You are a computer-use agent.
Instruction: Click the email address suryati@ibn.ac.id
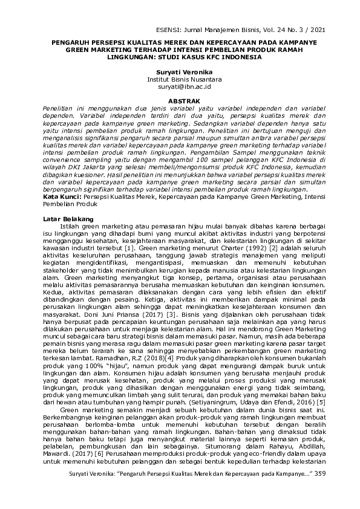coord(180,86)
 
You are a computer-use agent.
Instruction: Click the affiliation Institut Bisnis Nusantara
coord(180,79)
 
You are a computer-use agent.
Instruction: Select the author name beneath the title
coord(180,72)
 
